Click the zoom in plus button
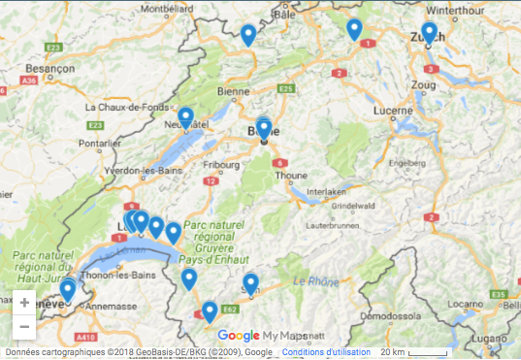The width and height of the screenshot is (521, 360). coord(24,302)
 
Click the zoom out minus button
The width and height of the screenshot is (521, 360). coord(24,326)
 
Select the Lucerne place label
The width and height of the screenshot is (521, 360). coord(392,111)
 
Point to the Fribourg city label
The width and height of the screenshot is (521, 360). coord(222,165)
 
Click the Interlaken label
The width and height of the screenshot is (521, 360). coord(326,191)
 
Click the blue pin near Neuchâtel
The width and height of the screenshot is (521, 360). coord(185,116)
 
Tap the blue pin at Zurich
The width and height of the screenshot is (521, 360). coord(429,31)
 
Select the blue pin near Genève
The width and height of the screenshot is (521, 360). coord(68,289)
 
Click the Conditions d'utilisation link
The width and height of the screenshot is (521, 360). coord(323,351)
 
